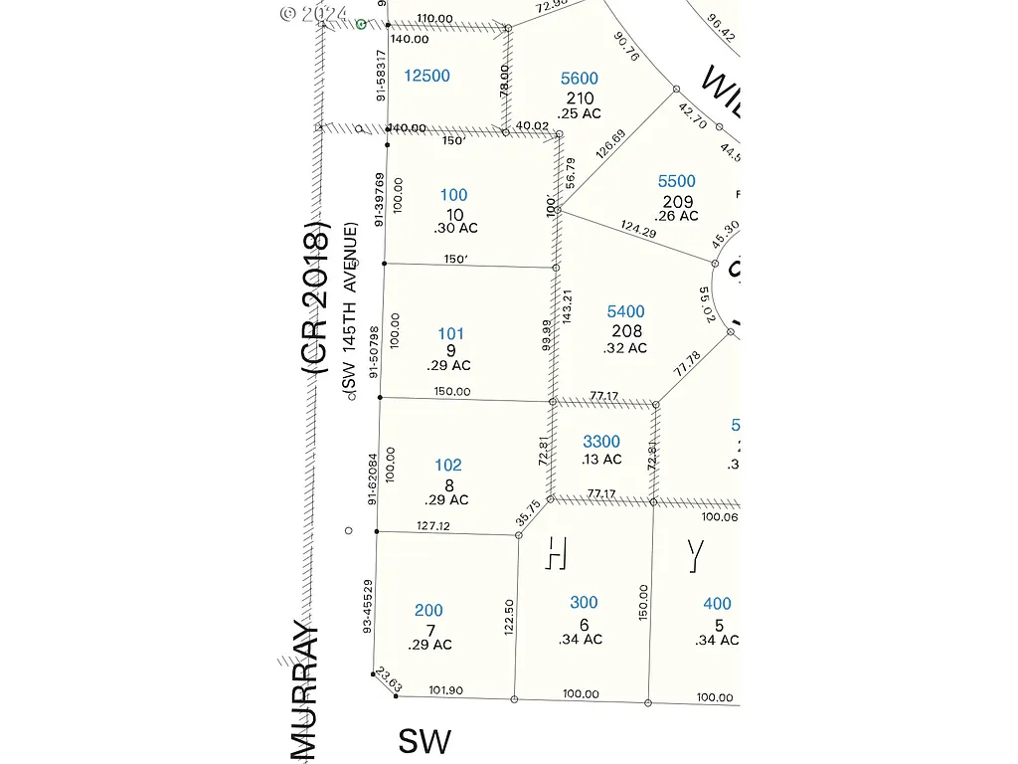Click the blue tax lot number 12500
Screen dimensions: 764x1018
427,76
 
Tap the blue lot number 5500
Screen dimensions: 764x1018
677,181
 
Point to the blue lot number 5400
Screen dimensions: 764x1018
626,312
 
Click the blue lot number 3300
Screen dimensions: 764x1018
601,442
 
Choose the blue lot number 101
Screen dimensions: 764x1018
450,334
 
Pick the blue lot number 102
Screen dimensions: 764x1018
448,465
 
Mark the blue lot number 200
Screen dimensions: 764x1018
428,611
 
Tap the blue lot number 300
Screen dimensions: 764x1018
584,603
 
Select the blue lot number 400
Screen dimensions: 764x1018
717,604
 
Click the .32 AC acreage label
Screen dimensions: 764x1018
625,348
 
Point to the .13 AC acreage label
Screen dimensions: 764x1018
601,460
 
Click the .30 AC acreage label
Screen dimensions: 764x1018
455,228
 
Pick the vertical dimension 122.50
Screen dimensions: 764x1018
509,617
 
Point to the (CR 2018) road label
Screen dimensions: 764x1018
316,299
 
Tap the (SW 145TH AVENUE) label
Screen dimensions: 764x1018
350,311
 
